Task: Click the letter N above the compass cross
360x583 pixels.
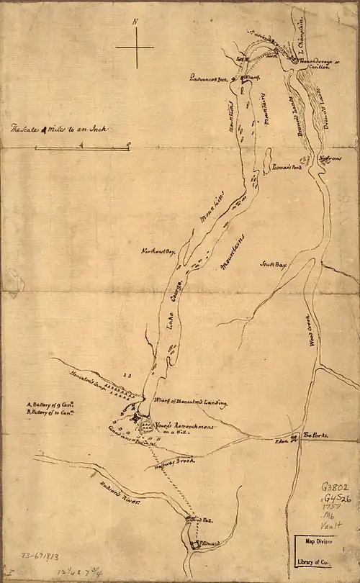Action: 135,22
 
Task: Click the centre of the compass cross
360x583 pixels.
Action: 135,48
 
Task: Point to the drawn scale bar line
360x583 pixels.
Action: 81,148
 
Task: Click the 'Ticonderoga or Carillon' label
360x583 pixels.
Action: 318,66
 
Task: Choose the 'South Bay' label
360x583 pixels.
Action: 274,265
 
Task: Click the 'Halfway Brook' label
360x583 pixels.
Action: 170,465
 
